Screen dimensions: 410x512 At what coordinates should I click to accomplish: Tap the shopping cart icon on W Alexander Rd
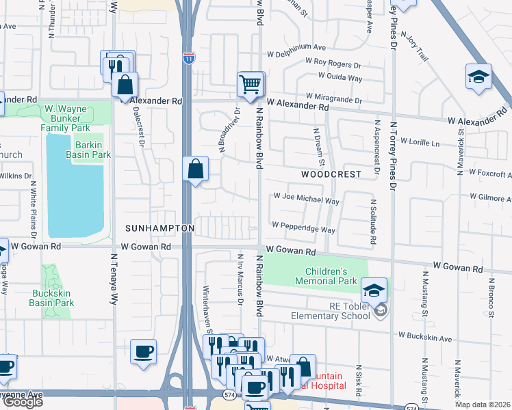(x=251, y=85)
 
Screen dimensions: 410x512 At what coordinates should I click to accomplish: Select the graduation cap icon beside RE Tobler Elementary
(x=374, y=291)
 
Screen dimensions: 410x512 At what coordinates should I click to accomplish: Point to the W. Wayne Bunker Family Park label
(x=66, y=118)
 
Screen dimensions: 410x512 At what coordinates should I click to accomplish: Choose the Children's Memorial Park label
(x=326, y=276)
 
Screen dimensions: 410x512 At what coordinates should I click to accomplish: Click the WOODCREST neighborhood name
(x=331, y=175)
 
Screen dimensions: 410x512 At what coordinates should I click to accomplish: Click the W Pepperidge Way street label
(x=303, y=226)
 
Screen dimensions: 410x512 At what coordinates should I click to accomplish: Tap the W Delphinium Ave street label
(x=296, y=49)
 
